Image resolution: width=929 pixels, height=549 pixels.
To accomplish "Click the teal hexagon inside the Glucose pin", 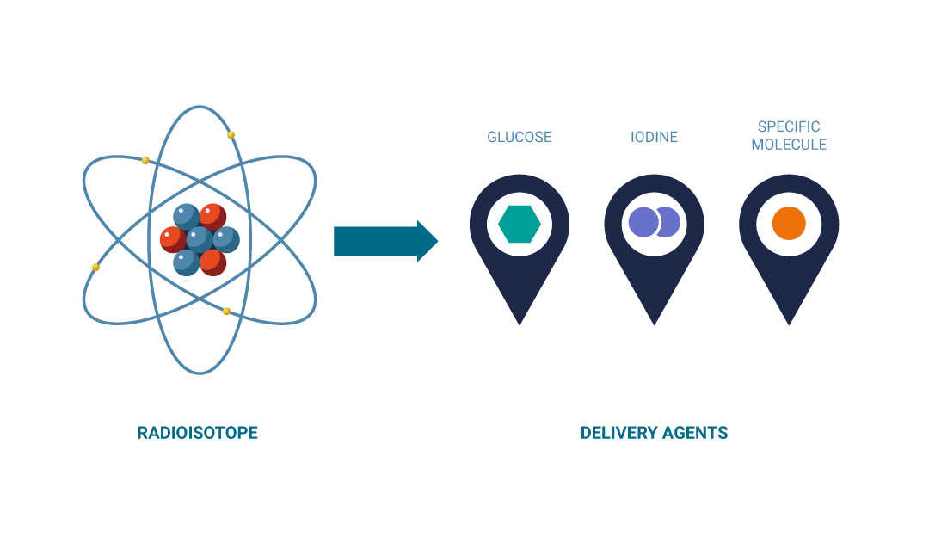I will (520, 225).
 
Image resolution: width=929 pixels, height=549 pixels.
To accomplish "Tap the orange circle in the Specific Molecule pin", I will (789, 224).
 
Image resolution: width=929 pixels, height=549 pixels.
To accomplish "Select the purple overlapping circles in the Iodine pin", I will (654, 223).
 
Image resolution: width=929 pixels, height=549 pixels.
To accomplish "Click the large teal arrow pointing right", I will (385, 241).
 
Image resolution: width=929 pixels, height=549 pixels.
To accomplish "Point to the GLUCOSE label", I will (520, 137).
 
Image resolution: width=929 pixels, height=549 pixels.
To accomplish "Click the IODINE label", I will (654, 137).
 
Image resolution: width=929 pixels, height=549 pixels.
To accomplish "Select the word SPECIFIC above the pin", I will (789, 127).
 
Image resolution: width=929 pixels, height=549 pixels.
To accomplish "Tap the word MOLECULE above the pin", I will (789, 145).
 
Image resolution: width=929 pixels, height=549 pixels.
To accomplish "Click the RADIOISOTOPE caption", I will (197, 433).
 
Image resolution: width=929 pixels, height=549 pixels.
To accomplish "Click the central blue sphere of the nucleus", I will (200, 239).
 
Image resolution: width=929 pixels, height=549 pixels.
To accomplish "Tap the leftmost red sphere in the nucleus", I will (173, 238).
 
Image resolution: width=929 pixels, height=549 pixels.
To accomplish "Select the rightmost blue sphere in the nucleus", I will (226, 239).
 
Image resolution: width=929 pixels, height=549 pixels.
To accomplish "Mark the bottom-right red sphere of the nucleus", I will (212, 262).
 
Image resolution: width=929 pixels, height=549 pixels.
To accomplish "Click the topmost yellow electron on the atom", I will (231, 135).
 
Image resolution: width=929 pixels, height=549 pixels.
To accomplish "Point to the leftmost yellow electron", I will (95, 267).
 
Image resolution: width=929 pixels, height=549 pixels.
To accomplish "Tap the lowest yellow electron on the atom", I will (226, 311).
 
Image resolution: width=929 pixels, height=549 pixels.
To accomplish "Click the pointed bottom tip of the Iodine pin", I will (655, 323).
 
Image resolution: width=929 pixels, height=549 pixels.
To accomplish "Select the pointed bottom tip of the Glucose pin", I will (520, 323).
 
